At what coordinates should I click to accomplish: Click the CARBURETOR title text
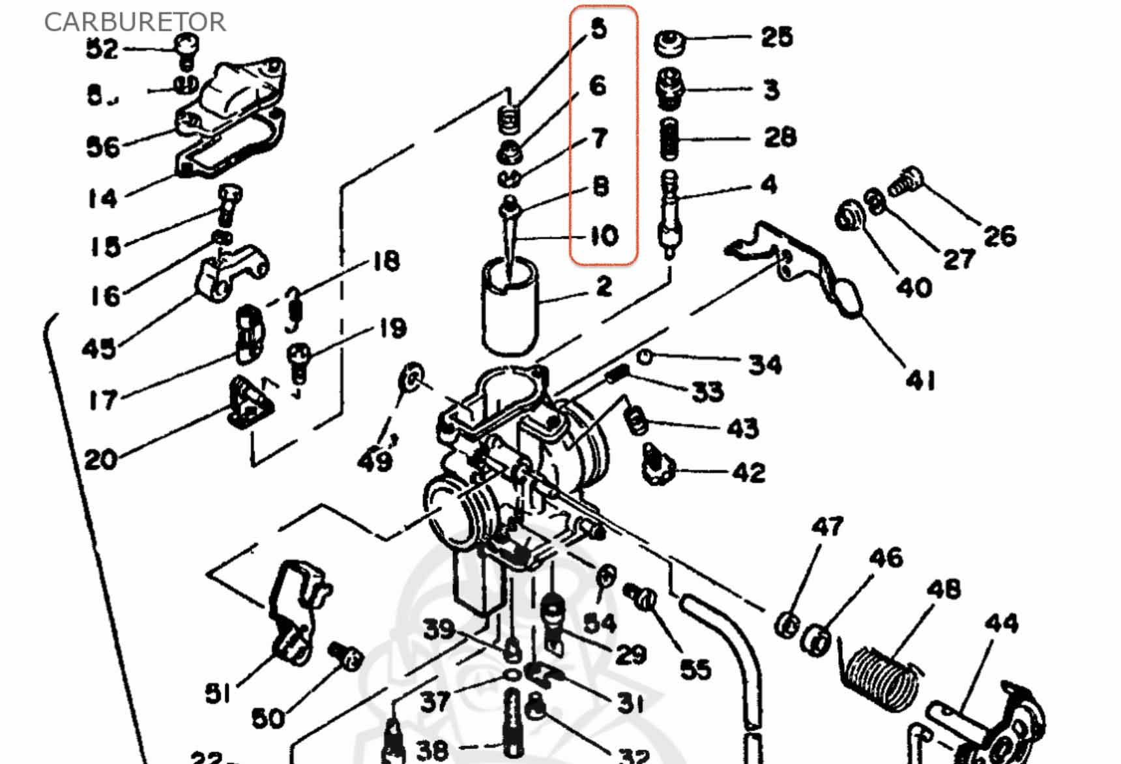coord(135,22)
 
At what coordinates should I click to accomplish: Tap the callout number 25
coord(776,37)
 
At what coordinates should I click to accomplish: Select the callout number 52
coord(102,49)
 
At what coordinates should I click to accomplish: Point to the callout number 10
coord(604,236)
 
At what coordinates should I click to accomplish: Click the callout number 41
coord(920,379)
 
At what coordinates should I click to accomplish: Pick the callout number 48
coord(943,590)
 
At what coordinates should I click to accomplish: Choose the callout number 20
coord(100,460)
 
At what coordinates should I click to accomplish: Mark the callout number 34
coord(764,364)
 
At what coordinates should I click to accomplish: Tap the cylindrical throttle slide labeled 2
coord(510,306)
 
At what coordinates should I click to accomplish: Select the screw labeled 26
coord(906,181)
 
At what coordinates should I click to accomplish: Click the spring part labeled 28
coord(669,139)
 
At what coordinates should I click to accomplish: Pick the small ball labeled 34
coord(644,357)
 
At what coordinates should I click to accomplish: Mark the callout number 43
coord(742,428)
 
